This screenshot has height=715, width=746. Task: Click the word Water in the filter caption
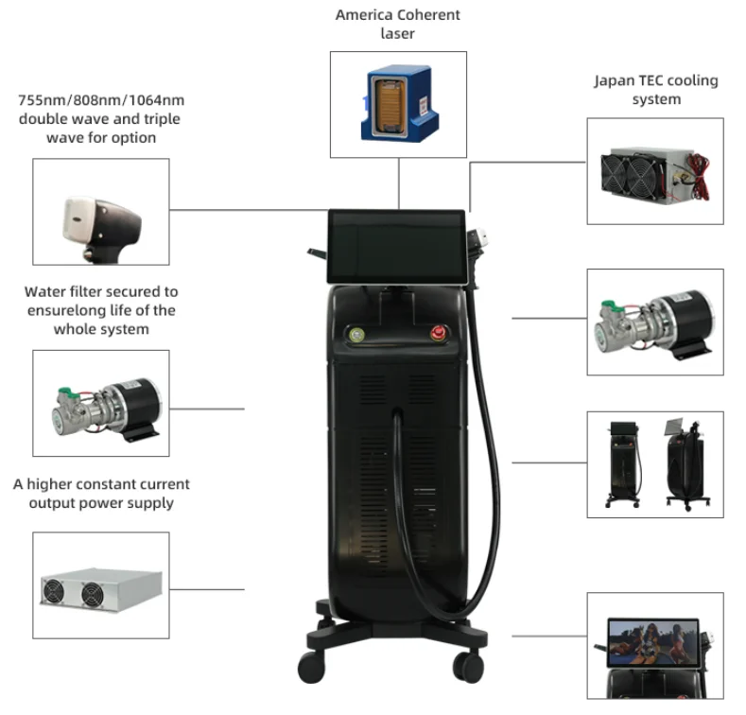[44, 291]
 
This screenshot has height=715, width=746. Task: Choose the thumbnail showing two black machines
[654, 465]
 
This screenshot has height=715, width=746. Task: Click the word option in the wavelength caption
[134, 138]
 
